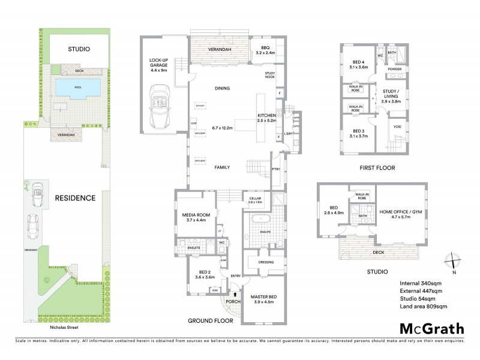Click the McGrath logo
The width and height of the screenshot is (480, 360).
[x=432, y=328]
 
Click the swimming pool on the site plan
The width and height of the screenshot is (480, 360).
[x=78, y=88]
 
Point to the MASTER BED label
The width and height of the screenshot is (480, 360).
[x=263, y=296]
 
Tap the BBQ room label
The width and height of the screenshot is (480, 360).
[x=265, y=49]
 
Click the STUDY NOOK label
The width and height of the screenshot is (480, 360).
[x=270, y=75]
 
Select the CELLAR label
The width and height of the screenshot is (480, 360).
[x=255, y=199]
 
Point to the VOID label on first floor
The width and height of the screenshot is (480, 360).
[x=397, y=127]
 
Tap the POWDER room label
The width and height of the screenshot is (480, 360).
[x=395, y=69]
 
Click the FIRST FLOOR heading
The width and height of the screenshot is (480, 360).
[x=377, y=168]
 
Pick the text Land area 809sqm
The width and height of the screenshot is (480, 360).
[x=424, y=307]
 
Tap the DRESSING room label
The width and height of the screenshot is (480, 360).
[x=266, y=262]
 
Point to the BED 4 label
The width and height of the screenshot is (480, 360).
[x=359, y=64]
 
